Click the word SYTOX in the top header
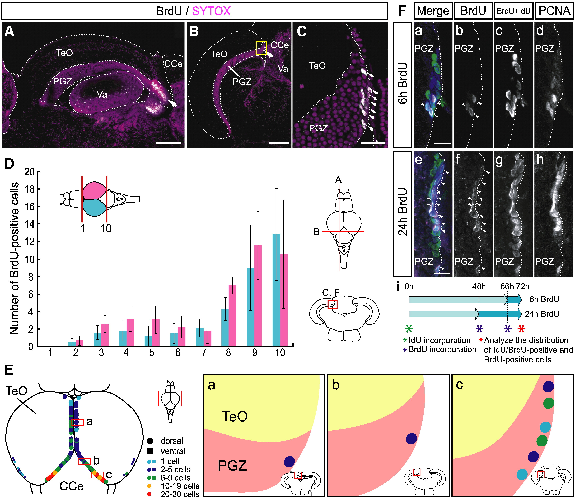(x=211, y=11)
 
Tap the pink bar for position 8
(x=232, y=315)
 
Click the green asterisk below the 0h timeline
(x=409, y=329)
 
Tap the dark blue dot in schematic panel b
(x=412, y=439)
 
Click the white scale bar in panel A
(x=169, y=143)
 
